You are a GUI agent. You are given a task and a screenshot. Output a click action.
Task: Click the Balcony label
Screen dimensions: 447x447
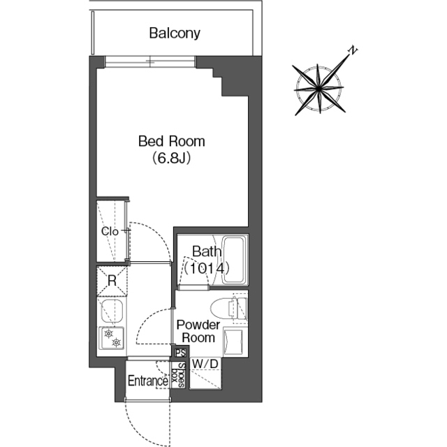(x=175, y=33)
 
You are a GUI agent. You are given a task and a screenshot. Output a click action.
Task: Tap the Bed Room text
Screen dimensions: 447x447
(x=172, y=141)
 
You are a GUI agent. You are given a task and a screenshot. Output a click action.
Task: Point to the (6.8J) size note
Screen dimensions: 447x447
(x=171, y=158)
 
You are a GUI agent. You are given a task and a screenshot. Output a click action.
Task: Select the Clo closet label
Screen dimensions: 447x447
(x=110, y=231)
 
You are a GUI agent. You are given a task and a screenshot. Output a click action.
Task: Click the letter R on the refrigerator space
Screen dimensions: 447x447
(x=112, y=281)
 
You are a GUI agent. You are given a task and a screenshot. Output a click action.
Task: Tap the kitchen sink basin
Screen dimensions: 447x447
(x=112, y=312)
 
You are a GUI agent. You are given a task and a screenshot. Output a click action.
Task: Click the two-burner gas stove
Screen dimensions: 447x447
(x=112, y=338)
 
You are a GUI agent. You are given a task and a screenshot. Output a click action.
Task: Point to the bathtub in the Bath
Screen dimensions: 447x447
(x=235, y=260)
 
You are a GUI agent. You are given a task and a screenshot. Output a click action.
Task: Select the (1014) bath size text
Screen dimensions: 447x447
(x=207, y=268)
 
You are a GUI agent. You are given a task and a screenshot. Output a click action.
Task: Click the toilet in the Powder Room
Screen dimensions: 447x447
(x=229, y=309)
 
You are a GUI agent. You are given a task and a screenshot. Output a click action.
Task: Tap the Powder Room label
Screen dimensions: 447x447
(x=198, y=331)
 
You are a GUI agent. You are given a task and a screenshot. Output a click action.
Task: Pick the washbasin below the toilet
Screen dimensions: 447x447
(x=233, y=343)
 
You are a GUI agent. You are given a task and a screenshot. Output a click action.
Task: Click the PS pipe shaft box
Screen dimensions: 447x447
(x=180, y=353)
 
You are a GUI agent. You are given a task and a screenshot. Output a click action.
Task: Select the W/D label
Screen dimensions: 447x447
(x=205, y=364)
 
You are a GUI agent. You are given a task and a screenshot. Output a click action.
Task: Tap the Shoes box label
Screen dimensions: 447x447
(x=178, y=374)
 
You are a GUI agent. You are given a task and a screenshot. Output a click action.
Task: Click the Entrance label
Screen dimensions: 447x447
(x=147, y=381)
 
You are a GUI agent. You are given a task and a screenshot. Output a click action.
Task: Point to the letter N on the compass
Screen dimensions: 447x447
(x=353, y=50)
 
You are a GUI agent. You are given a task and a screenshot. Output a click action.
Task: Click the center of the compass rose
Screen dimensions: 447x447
(x=318, y=89)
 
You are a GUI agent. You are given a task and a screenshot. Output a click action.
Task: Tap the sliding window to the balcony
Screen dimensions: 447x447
(x=150, y=62)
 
